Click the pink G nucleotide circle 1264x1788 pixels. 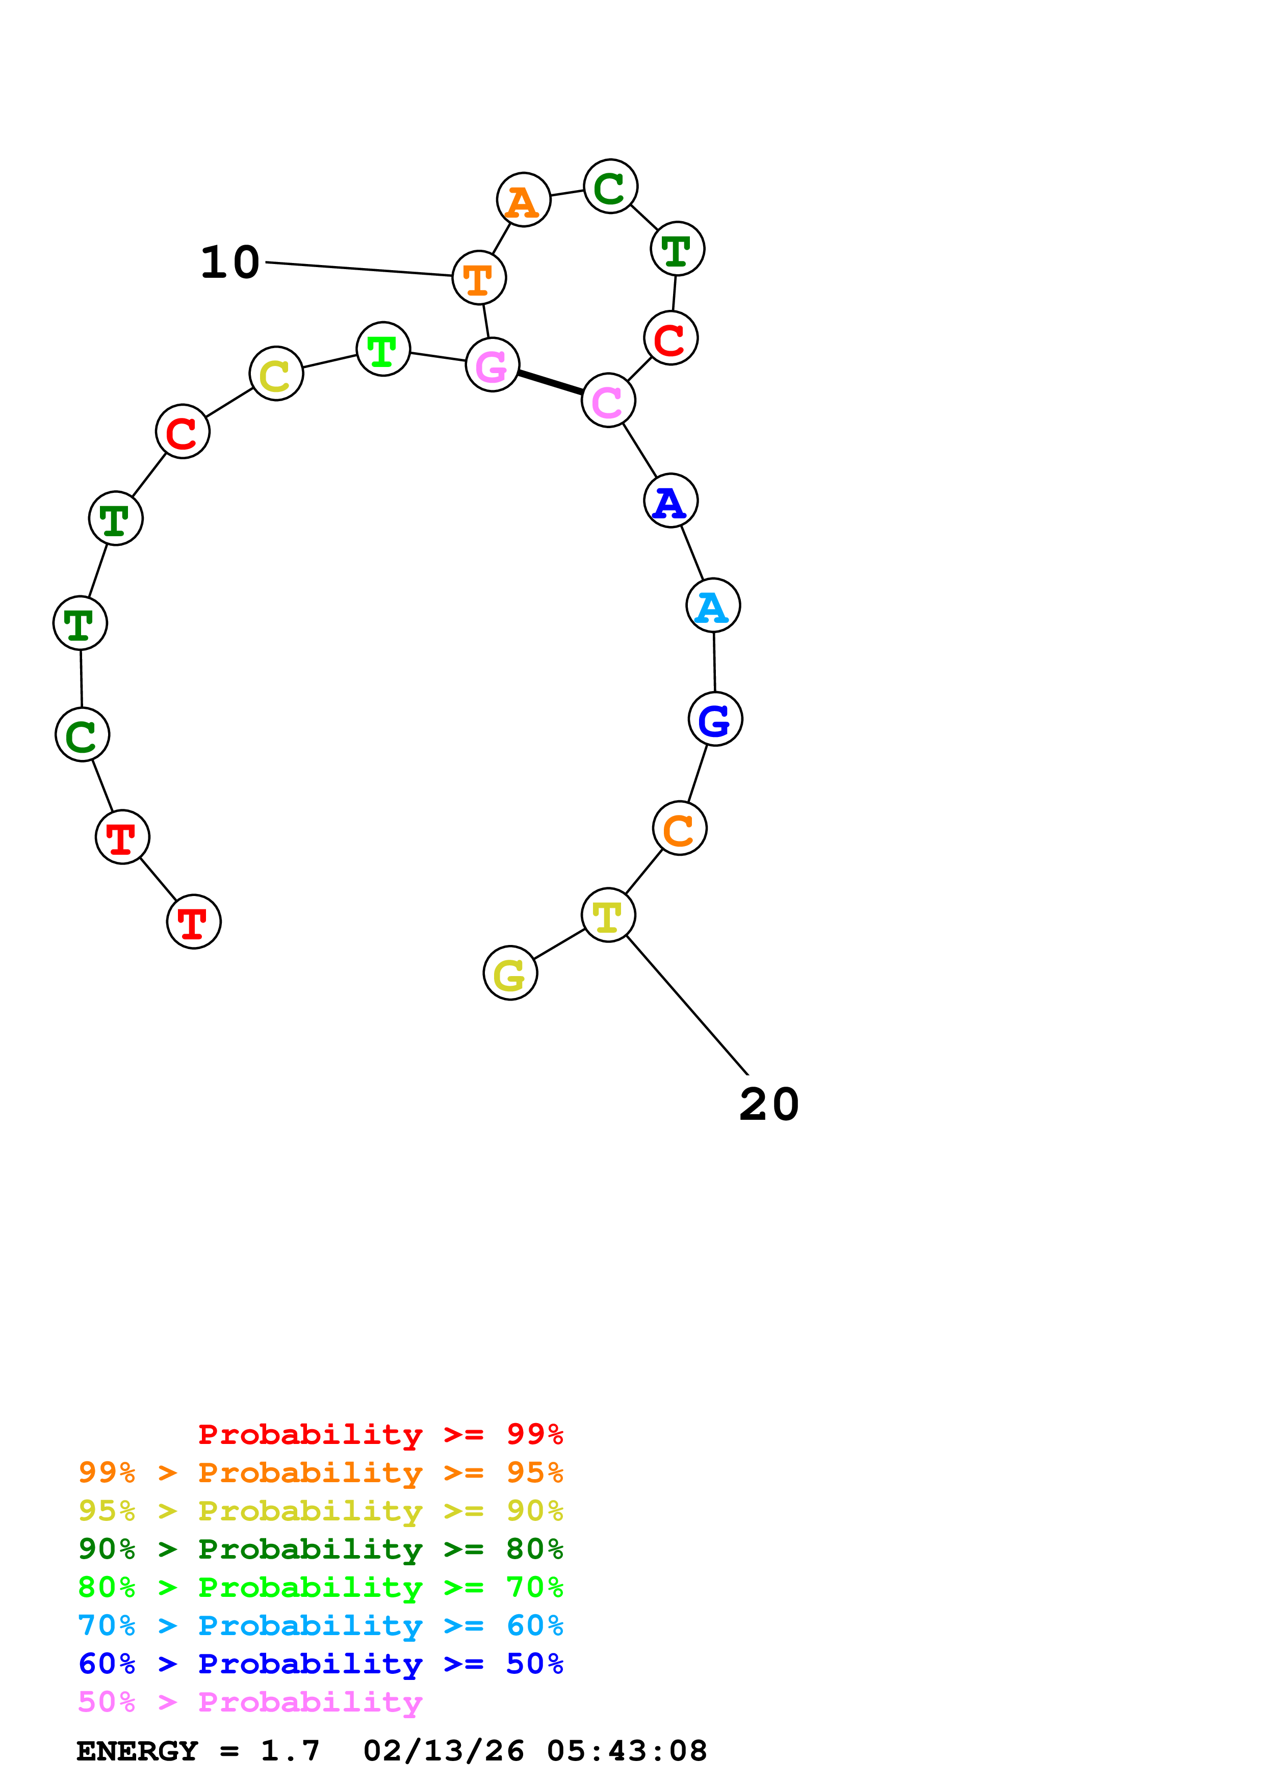pyautogui.click(x=492, y=364)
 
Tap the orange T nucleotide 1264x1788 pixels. pyautogui.click(x=478, y=277)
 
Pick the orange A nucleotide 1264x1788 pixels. pyautogui.click(x=523, y=200)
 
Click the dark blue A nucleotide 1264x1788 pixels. pyautogui.click(x=670, y=501)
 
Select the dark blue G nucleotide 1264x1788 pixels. pyautogui.click(x=714, y=719)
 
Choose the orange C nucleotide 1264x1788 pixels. pyautogui.click(x=679, y=829)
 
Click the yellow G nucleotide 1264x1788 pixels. pyautogui.click(x=509, y=974)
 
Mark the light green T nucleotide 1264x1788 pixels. pyautogui.click(x=382, y=349)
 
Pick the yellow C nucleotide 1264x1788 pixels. pyautogui.click(x=276, y=374)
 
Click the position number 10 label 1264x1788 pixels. pyautogui.click(x=230, y=262)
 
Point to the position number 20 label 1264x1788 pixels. pyautogui.click(x=769, y=1105)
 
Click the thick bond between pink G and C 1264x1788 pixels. pyautogui.click(x=550, y=382)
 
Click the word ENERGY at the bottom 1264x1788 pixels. pyautogui.click(x=137, y=1751)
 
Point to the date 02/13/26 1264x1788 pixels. pyautogui.click(x=443, y=1751)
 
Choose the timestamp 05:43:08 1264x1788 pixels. pyautogui.click(x=627, y=1751)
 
